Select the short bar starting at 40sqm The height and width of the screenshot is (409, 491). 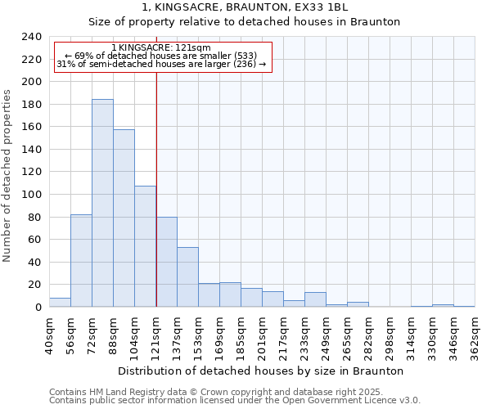point(60,302)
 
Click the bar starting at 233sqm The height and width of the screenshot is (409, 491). point(315,299)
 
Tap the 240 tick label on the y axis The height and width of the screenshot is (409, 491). point(32,37)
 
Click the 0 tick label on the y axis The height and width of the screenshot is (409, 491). point(38,308)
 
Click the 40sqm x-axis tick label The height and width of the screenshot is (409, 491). point(48,335)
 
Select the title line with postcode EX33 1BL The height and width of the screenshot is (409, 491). point(245,7)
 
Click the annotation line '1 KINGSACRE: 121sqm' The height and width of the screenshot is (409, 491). point(160,47)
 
